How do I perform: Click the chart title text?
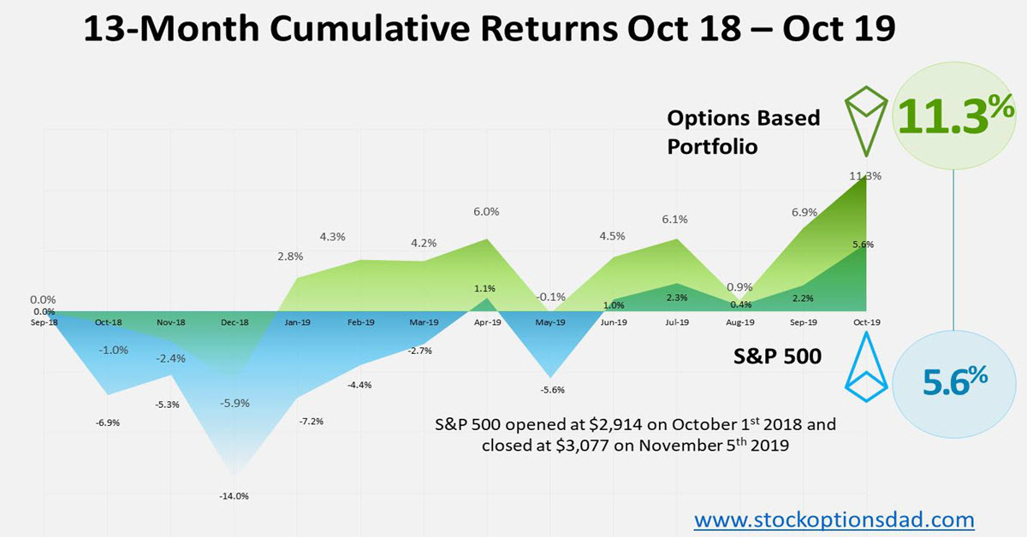click(x=490, y=32)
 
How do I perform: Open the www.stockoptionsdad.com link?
click(x=834, y=518)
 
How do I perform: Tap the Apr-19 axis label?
click(x=486, y=322)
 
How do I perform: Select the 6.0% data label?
click(x=486, y=211)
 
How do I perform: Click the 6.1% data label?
click(x=675, y=219)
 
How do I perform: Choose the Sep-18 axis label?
click(x=43, y=322)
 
